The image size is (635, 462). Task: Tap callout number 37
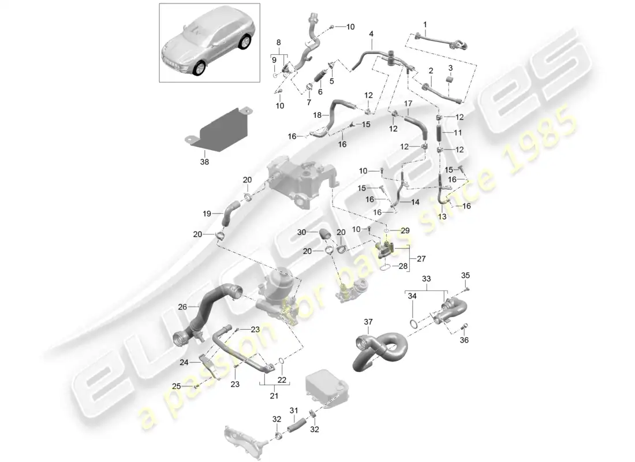click(369, 322)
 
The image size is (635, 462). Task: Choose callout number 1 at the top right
click(425, 25)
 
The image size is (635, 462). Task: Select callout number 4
click(371, 34)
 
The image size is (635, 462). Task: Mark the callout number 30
click(302, 232)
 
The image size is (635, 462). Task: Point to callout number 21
click(274, 396)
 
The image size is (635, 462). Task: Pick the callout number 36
click(465, 340)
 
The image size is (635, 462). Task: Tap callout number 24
click(184, 363)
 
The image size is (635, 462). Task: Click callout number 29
click(405, 230)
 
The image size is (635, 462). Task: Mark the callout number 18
click(317, 116)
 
